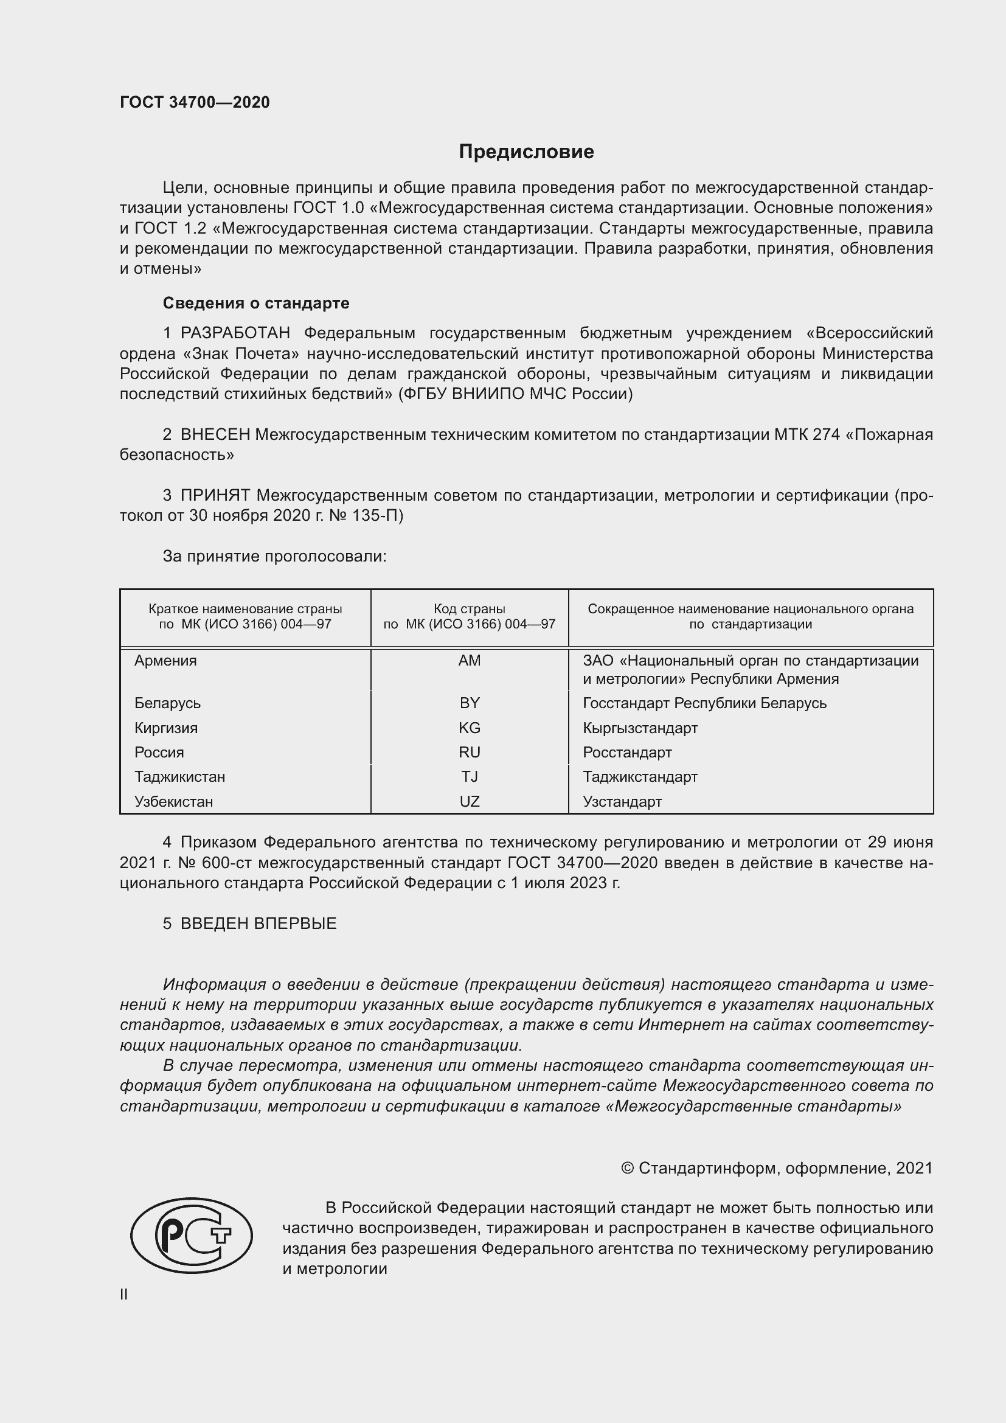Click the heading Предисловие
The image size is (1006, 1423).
526,152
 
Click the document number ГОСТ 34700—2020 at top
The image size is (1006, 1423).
195,102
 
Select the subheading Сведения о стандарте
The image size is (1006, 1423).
256,303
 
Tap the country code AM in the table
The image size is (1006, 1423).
469,661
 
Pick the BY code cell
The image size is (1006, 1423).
469,703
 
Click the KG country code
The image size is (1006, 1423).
469,728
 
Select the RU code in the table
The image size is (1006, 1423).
469,753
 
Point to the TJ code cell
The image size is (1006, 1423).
469,776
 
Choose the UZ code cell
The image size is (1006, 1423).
469,801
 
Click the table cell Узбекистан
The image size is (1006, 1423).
173,801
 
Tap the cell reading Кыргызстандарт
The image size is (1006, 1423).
640,728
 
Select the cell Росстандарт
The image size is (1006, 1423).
627,753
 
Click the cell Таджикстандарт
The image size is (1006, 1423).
640,776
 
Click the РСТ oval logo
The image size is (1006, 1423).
192,1235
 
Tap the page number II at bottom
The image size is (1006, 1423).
124,1294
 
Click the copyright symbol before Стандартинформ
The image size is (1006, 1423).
627,1168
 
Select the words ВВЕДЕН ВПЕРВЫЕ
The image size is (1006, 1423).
258,924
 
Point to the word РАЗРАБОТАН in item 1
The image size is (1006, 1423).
235,333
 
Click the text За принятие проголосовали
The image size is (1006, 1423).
274,557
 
